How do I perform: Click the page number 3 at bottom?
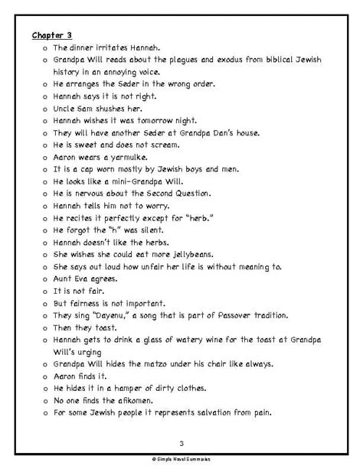click(x=181, y=442)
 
